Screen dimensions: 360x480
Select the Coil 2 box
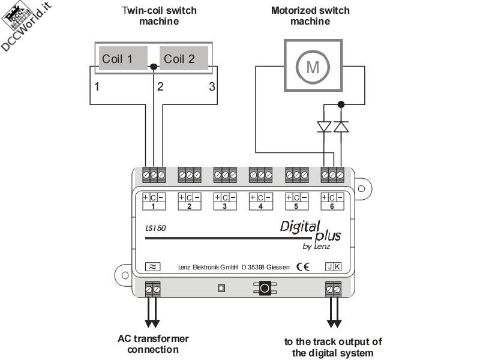click(184, 59)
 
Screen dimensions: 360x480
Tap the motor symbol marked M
click(313, 67)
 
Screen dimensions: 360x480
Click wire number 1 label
click(97, 86)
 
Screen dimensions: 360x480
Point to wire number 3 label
click(211, 86)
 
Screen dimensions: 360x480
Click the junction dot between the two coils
click(154, 67)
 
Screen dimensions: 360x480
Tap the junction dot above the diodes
click(341, 104)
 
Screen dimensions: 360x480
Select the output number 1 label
click(154, 206)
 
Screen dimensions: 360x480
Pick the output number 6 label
click(332, 206)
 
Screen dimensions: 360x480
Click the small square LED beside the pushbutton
click(221, 289)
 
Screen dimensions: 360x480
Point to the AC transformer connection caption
click(153, 344)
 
